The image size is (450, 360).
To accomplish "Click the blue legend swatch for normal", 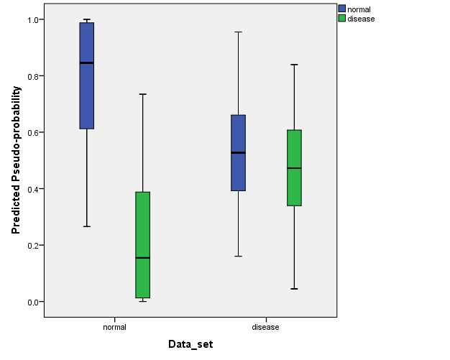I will pos(342,9).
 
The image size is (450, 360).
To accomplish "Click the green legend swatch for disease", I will pos(342,19).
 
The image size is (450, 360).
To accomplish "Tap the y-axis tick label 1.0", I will pos(31,19).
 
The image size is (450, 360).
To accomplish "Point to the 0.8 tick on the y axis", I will pos(31,76).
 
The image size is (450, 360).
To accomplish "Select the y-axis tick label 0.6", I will pos(31,132).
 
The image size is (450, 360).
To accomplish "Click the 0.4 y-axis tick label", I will pos(31,189).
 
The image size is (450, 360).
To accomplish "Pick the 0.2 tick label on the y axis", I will pos(31,245).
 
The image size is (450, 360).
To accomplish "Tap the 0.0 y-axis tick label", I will pos(31,302).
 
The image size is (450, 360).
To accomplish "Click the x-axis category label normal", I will pos(115,327).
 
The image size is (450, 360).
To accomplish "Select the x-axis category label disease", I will pos(265,327).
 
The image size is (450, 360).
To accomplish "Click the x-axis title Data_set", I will pos(190,345).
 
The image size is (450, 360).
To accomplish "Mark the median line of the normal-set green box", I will pos(142,257).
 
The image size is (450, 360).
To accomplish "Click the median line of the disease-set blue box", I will pos(238,153).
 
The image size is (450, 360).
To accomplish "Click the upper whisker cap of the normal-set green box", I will pos(142,94).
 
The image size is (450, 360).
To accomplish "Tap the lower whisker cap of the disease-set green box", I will pos(293,289).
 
